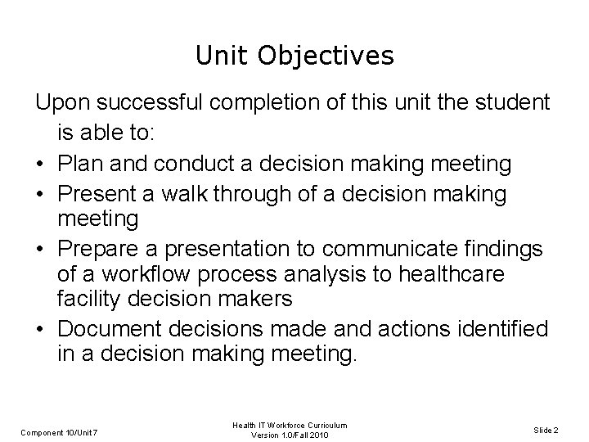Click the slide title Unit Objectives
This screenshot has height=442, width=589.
(294, 56)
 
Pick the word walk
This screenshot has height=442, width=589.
(197, 194)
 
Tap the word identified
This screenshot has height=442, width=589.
(501, 330)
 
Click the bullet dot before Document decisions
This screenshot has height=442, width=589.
(41, 330)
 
